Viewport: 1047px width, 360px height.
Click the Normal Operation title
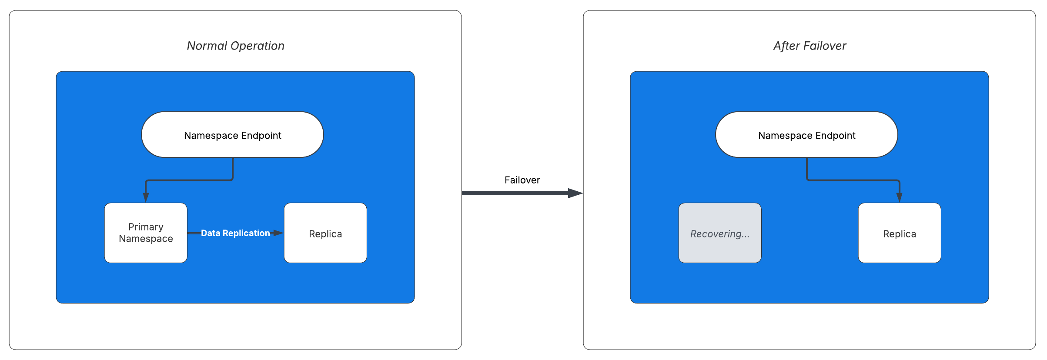tap(235, 46)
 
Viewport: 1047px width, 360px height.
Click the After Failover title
tap(810, 46)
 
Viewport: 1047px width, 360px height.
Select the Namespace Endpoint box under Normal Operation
tap(232, 135)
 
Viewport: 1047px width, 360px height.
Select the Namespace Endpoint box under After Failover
tap(806, 135)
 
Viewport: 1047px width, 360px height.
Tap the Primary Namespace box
tap(146, 233)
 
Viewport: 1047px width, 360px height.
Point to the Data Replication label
tap(235, 233)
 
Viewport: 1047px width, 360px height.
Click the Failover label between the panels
tap(522, 180)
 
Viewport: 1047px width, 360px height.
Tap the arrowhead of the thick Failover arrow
tap(575, 193)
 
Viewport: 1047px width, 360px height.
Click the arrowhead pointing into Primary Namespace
tap(146, 197)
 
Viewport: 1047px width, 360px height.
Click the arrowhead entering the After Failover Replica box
tap(899, 197)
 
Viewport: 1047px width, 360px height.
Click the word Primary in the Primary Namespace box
tap(146, 227)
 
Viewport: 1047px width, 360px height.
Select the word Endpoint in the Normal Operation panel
tap(261, 136)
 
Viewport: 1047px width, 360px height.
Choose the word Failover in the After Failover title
tap(825, 46)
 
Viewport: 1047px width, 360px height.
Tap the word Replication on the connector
tap(246, 233)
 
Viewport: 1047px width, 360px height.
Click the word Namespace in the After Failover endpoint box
tap(785, 136)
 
